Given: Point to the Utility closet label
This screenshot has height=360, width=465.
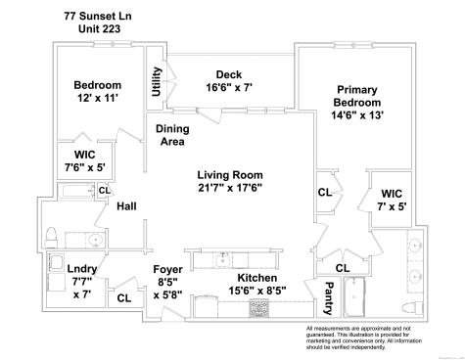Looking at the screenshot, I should [x=157, y=81].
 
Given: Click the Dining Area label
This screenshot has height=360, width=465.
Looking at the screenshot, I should [x=173, y=135].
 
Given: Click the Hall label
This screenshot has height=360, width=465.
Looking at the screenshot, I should [x=126, y=206].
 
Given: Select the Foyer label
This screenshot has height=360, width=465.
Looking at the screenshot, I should [x=167, y=269].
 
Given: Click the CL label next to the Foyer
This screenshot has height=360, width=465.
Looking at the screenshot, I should [x=124, y=299].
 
